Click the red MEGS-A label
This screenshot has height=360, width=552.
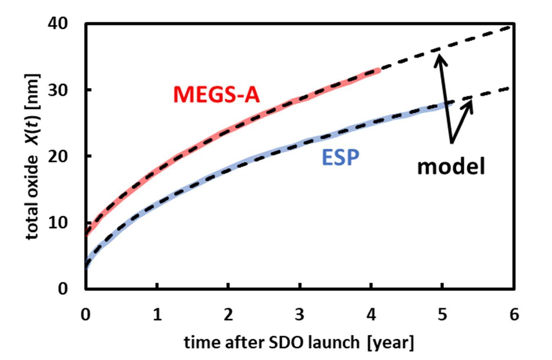216,95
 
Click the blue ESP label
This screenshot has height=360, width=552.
340,157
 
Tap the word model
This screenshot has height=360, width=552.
451,166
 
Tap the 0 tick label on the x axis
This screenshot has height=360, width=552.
85,315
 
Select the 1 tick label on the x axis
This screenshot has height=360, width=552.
157,315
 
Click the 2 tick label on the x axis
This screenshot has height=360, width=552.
228,315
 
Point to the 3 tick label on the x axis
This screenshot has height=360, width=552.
300,315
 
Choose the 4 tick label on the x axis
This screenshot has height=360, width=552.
371,315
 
